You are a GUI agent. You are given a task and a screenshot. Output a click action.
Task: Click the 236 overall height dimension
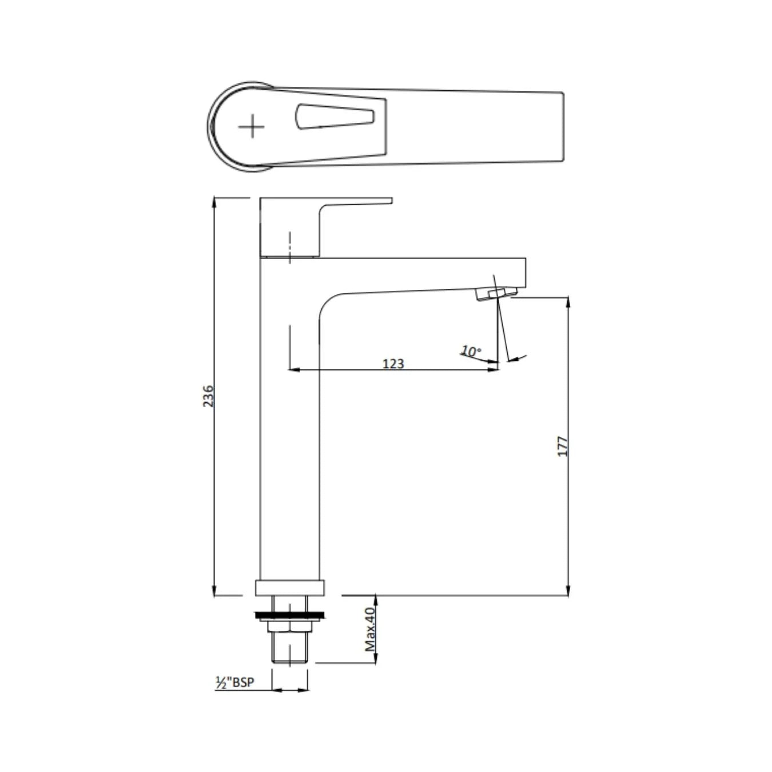click(209, 396)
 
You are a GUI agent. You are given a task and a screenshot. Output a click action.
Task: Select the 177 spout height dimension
click(563, 446)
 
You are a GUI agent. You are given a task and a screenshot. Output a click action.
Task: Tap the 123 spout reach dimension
click(393, 363)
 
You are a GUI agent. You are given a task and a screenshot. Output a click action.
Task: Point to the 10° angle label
click(471, 351)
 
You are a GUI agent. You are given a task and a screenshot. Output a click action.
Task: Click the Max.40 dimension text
click(370, 629)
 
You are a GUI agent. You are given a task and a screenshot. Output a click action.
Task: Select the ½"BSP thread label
click(234, 682)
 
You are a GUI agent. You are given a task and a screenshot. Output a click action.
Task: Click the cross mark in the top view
click(251, 126)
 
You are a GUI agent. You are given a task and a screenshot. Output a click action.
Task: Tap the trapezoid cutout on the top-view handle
click(335, 116)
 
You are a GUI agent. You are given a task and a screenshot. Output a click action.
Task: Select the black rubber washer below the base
click(291, 615)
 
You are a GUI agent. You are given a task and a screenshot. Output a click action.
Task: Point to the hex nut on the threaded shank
click(291, 627)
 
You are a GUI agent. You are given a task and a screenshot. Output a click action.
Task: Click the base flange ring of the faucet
click(291, 587)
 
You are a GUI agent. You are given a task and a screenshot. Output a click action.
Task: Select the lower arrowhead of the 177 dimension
click(568, 591)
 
